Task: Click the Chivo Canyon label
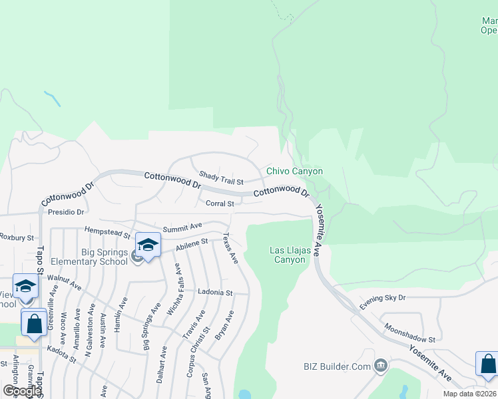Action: [x=294, y=171]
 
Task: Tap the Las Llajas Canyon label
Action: [x=287, y=255]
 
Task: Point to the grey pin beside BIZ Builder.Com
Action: [x=380, y=364]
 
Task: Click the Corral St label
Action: [x=219, y=203]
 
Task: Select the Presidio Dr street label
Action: [x=66, y=213]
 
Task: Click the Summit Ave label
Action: [x=182, y=227]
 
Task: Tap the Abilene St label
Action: [x=192, y=244]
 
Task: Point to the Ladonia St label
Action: [x=215, y=292]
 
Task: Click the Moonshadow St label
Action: [x=409, y=333]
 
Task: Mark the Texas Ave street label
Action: [x=230, y=249]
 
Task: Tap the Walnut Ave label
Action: [x=64, y=282]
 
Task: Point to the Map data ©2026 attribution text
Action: [x=470, y=394]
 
